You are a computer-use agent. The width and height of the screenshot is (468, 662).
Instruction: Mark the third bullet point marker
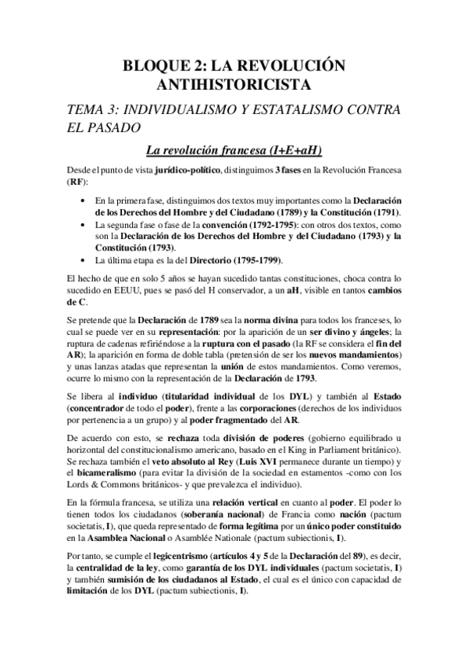click(84, 259)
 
